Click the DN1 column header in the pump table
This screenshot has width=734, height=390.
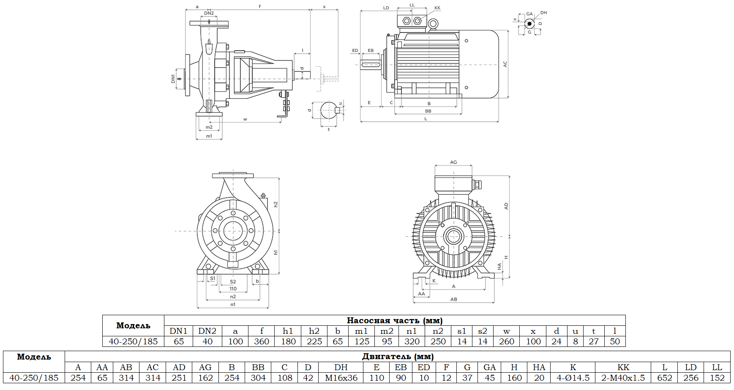pos(178,331)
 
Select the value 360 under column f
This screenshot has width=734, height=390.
pos(262,341)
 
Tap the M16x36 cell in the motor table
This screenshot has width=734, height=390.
pos(341,378)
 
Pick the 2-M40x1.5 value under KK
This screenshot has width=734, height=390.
pos(623,378)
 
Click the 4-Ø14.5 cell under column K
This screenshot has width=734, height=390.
pos(573,378)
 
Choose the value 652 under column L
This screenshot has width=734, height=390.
pos(664,378)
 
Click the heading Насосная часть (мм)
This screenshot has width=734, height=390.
pos(394,320)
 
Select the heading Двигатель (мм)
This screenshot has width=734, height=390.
pos(398,356)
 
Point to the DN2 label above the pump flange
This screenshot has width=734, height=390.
pos(209,14)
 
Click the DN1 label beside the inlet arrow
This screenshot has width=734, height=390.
pos(173,79)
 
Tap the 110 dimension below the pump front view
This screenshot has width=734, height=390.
pos(233,289)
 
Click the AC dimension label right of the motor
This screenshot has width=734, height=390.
pos(505,64)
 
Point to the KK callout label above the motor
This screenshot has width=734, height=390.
pos(437,8)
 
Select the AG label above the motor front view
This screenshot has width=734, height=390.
pos(453,162)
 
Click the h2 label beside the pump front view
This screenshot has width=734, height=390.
pos(276,204)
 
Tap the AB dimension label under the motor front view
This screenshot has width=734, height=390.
pos(453,299)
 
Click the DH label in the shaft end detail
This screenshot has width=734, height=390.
pos(543,13)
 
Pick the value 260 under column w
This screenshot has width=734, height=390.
pos(507,341)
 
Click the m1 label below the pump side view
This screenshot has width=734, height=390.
pos(209,136)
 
